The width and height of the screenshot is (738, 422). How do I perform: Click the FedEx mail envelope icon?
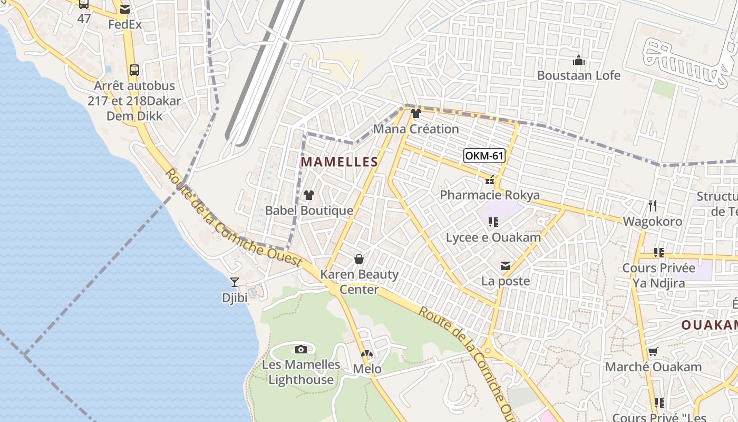125,9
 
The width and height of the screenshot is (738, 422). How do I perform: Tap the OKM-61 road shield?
484,156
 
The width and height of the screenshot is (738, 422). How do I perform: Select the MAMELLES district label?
339,162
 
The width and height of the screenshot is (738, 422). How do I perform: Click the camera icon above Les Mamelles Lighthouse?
301,349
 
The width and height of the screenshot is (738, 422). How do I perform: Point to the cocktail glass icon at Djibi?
235,283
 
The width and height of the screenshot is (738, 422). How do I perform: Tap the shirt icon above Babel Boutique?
309,195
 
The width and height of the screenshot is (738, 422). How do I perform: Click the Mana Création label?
416,129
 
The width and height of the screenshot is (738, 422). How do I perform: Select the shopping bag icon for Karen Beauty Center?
359,259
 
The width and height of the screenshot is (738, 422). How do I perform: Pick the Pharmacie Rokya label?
490,195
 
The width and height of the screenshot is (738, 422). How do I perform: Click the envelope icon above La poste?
506,266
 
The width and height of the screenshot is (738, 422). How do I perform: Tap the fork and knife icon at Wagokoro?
653,205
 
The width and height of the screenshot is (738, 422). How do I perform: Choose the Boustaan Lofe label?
579,75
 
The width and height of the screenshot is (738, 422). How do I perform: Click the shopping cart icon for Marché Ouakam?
653,351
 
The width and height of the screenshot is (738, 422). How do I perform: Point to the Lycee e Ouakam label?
493,237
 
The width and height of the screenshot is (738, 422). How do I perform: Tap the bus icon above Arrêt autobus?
134,70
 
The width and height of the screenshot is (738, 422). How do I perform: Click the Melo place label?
367,369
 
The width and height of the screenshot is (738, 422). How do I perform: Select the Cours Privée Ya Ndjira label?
659,275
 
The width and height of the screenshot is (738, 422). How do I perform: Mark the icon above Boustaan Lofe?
579,60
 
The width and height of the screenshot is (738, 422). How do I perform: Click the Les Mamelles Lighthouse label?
301,372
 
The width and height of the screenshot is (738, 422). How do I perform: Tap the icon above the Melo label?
366,353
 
